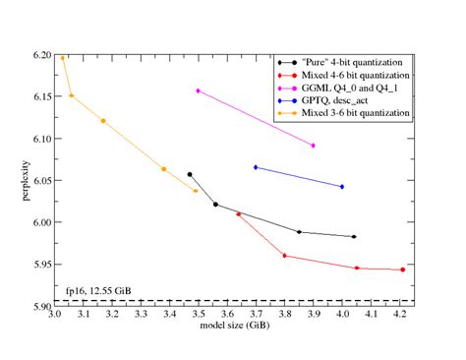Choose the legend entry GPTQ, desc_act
click(x=338, y=101)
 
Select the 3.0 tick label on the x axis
click(x=55, y=316)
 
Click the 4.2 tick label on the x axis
click(x=400, y=316)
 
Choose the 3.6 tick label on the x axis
click(x=228, y=316)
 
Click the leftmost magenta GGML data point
click(x=199, y=90)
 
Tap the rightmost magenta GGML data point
click(x=314, y=146)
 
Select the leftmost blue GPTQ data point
click(x=256, y=167)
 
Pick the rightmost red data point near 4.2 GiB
click(x=402, y=270)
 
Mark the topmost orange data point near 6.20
click(x=62, y=57)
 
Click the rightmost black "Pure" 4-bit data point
click(x=354, y=237)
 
